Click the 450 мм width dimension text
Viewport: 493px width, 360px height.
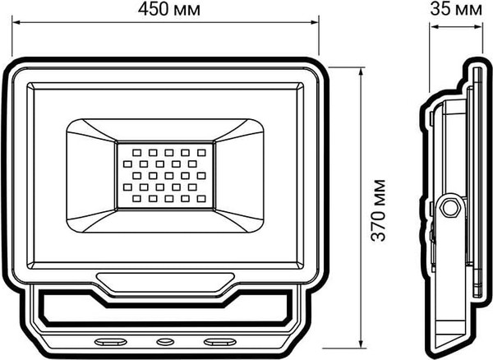(164, 10)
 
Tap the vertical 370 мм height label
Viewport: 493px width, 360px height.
(379, 209)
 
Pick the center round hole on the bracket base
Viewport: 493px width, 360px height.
(164, 339)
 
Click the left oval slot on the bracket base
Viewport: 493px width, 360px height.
(108, 339)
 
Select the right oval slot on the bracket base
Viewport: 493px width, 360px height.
(219, 339)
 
